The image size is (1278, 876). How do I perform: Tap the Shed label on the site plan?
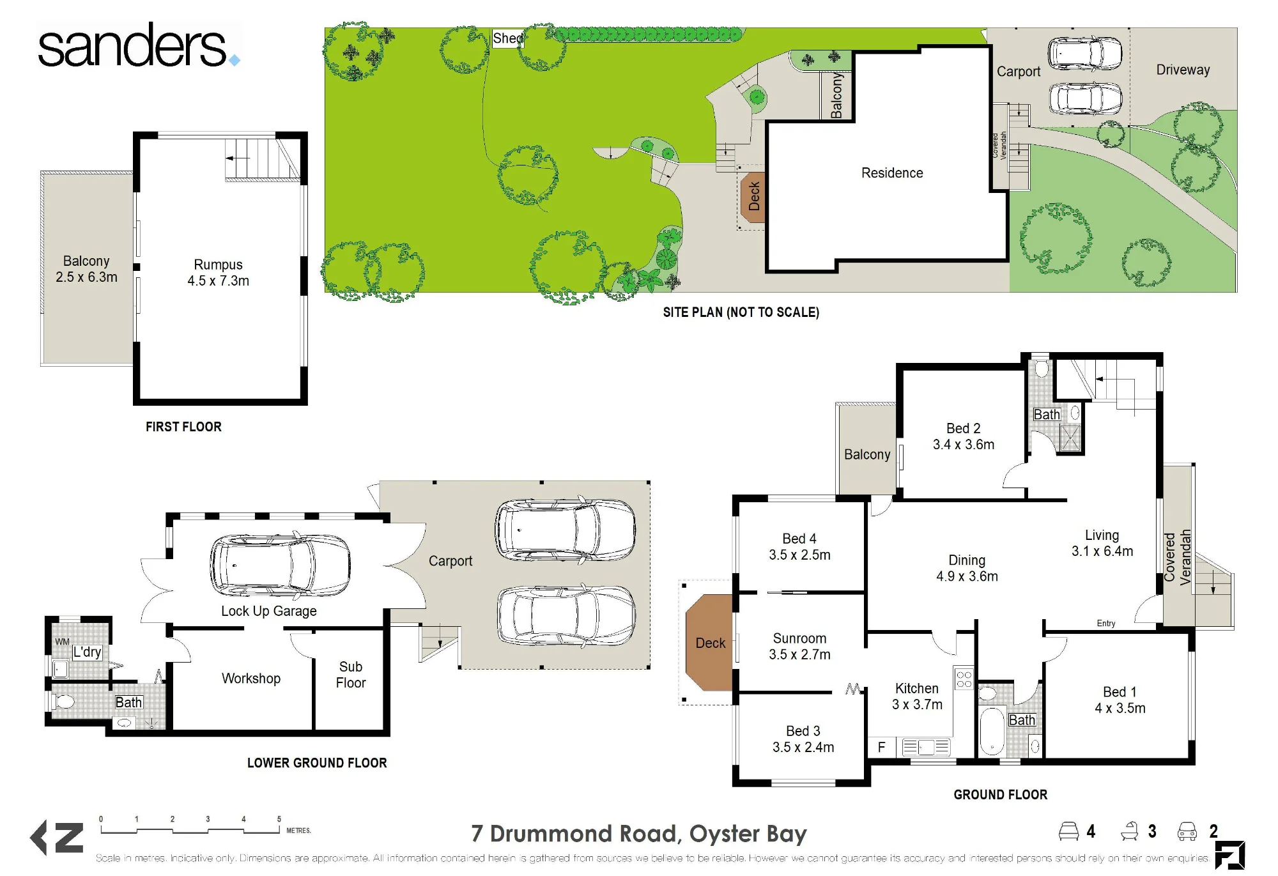[x=508, y=38]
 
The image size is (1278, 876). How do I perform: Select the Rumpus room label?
[x=218, y=273]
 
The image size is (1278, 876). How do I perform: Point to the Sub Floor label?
[x=351, y=675]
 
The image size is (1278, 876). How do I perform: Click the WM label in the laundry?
[x=62, y=642]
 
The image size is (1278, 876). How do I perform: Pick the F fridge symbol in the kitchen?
[x=881, y=747]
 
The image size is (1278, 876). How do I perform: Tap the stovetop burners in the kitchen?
[x=964, y=679]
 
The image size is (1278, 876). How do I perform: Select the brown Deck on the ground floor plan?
[x=709, y=643]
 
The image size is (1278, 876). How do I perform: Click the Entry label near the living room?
[x=1106, y=623]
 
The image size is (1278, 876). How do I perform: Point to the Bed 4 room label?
[x=799, y=547]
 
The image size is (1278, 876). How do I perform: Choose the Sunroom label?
[x=799, y=646]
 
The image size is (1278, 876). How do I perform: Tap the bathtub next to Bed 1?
[x=992, y=731]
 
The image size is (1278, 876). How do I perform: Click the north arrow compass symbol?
[x=57, y=838]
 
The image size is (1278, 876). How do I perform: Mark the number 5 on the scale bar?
[x=279, y=819]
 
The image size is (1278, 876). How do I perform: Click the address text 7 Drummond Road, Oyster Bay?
[x=639, y=834]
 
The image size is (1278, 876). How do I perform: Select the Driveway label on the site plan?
[x=1183, y=70]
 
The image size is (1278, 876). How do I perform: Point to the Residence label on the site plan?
[x=892, y=173]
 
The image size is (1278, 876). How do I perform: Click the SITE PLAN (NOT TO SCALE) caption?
[x=741, y=312]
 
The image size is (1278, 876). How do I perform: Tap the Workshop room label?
[x=251, y=679]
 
